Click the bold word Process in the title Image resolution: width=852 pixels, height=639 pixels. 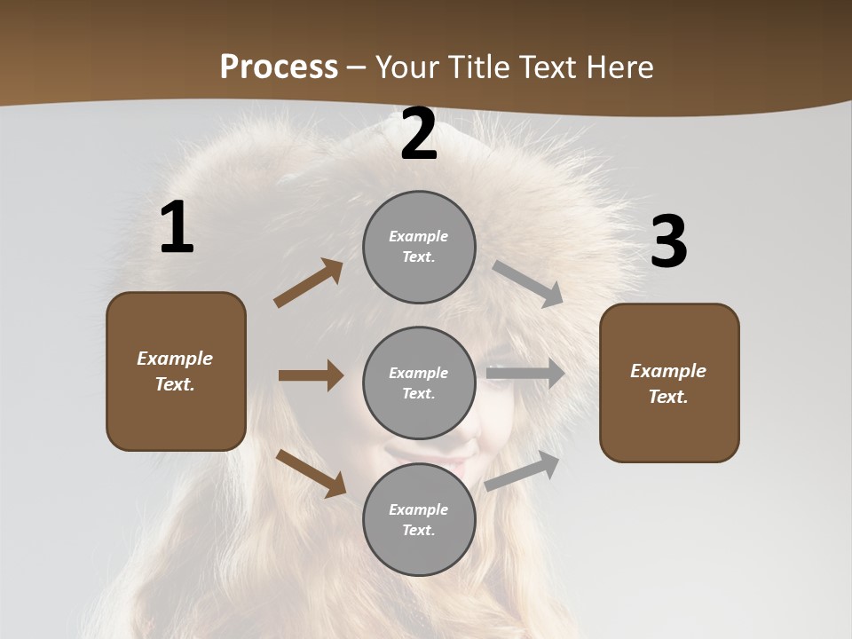click(279, 67)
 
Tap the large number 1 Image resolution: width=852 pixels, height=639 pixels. click(177, 228)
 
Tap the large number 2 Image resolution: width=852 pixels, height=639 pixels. click(418, 135)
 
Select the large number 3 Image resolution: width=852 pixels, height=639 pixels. click(668, 242)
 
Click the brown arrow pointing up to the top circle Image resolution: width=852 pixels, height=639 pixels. click(308, 284)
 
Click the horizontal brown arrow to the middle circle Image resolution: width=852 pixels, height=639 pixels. click(311, 375)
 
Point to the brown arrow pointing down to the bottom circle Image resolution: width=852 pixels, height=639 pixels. click(311, 473)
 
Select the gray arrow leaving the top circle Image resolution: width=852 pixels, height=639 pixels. click(528, 284)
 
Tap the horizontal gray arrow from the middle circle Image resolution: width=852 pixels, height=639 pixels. click(525, 374)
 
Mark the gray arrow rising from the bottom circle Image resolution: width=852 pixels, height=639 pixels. click(523, 471)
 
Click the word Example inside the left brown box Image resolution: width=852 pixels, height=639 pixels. click(175, 359)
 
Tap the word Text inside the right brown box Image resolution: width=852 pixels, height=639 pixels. click(667, 397)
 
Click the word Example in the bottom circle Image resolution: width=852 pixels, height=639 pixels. click(418, 509)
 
